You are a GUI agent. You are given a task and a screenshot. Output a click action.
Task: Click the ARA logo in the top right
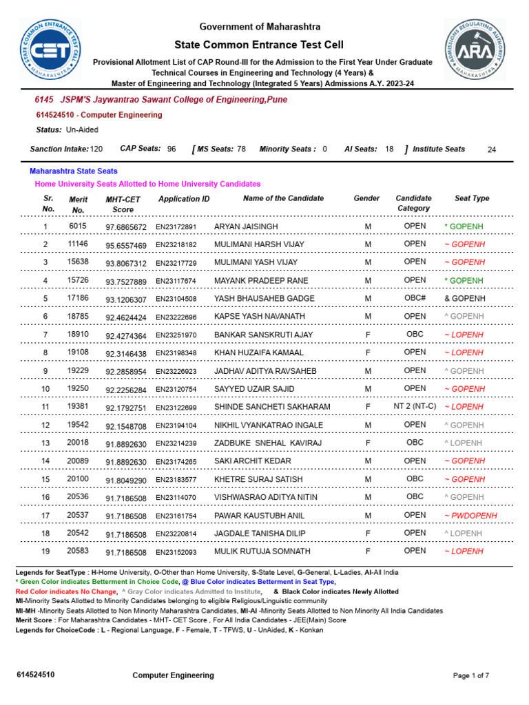pos(475,50)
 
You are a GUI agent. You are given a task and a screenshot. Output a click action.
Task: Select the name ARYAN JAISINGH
pos(246,227)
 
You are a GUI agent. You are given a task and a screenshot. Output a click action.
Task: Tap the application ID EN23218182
pos(176,245)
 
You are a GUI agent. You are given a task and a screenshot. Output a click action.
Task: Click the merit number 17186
pos(78,298)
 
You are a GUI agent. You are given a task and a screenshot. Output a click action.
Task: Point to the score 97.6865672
pos(126,227)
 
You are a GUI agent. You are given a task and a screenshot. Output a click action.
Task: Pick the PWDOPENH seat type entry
pos(470,516)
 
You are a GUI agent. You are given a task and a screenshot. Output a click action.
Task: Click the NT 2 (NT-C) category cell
pos(415,406)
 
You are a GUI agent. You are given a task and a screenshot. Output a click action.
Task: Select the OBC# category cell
pos(415,298)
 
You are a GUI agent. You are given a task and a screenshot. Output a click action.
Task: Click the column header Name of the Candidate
pos(283,198)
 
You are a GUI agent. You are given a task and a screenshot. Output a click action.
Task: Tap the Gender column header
pos(366,198)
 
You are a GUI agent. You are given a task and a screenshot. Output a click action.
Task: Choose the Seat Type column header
pos(472,198)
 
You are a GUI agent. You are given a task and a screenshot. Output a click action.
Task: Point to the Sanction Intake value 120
pos(96,149)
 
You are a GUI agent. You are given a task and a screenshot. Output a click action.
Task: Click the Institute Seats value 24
pos(491,149)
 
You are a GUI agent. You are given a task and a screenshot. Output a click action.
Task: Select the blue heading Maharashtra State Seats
pos(74,171)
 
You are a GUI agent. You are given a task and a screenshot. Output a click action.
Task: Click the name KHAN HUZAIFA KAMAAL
pos(258,352)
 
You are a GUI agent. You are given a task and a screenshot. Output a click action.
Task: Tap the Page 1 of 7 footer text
pos(470,675)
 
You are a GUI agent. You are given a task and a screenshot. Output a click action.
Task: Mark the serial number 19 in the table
pos(45,551)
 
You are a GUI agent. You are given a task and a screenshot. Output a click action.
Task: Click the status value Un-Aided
pos(82,129)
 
